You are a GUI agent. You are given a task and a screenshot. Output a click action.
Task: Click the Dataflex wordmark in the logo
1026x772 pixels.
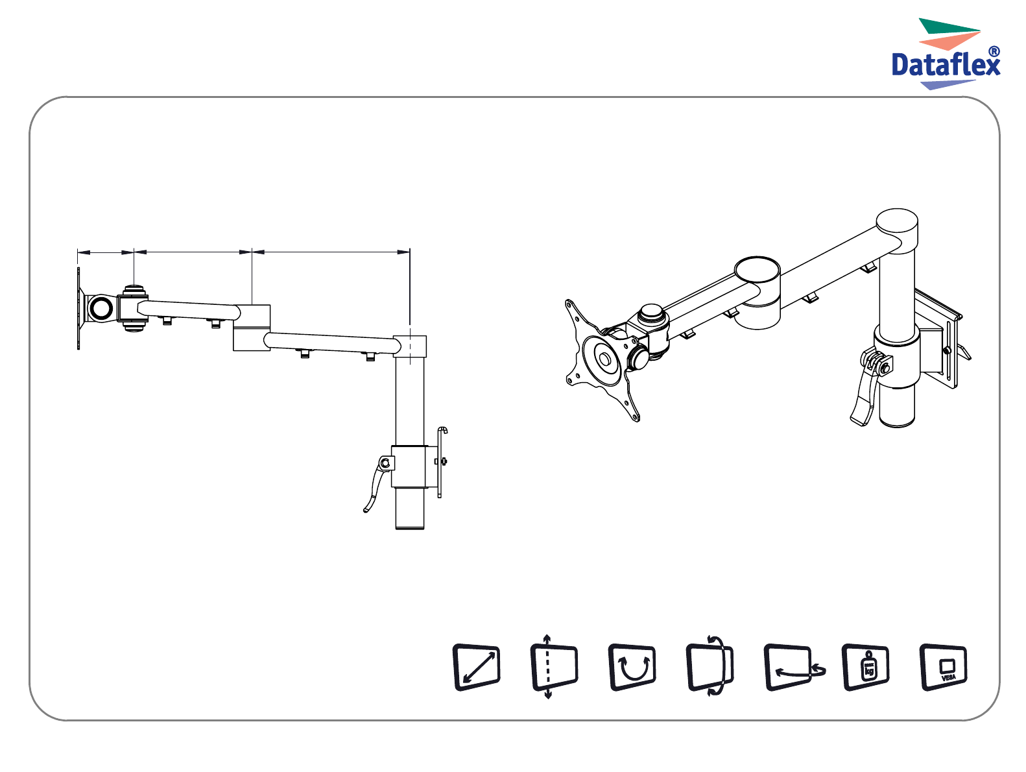coord(945,65)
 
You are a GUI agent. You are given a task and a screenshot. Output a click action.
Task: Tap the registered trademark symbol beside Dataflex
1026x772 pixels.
coord(994,51)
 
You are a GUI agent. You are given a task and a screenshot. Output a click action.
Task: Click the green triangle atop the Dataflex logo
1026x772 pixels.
coord(948,26)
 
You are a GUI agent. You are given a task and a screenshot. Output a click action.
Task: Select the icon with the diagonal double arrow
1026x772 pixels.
coord(477,668)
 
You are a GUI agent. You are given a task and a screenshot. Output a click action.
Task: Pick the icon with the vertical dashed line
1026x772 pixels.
coord(555,668)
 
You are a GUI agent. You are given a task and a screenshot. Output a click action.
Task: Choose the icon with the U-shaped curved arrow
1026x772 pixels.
coord(632,668)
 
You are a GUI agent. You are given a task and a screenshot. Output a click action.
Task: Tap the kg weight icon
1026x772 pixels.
coord(866,668)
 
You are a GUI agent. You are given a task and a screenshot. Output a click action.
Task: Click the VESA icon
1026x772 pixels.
coord(943,668)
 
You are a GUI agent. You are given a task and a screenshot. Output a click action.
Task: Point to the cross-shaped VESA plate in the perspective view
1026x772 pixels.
coord(601,361)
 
